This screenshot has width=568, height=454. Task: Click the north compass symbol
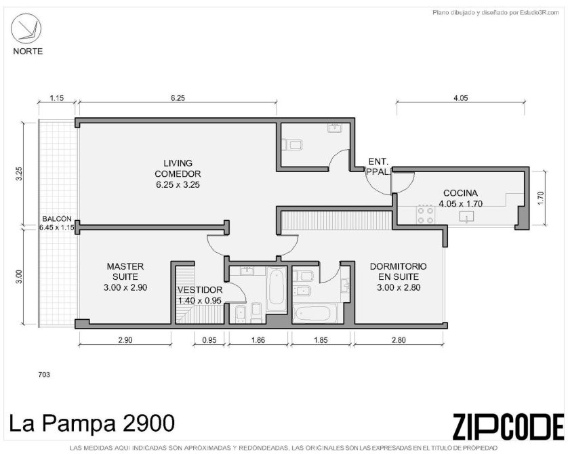[x=26, y=28]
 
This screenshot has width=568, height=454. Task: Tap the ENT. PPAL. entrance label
[x=378, y=167]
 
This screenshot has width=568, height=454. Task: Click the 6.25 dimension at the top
[x=178, y=98]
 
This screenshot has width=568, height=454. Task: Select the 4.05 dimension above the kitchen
[x=460, y=98]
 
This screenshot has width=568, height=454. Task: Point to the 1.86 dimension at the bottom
[x=258, y=340]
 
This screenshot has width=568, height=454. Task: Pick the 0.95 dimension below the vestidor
[x=209, y=340]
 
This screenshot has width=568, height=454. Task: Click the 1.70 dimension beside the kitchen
[x=541, y=198]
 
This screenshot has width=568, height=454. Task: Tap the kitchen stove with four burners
[x=425, y=215]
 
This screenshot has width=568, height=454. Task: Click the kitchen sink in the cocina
[x=466, y=217]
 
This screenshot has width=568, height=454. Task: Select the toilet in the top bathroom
[x=292, y=145]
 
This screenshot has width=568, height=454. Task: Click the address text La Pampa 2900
[x=92, y=424]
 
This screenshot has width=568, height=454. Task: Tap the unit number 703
[x=44, y=375]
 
